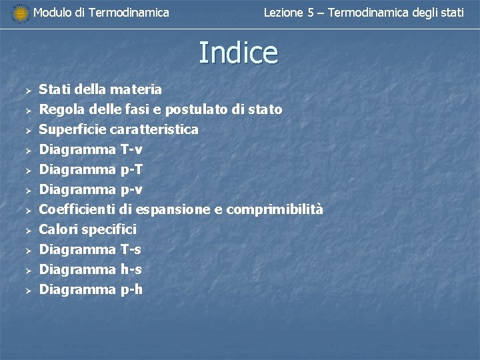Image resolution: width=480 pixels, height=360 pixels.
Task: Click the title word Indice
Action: point(238,53)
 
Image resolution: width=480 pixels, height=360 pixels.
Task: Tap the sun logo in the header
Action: point(21,13)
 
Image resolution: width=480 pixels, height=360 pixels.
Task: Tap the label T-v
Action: point(131,149)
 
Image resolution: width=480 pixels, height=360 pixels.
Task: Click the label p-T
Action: point(131,169)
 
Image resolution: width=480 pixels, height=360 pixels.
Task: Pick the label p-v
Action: point(131,189)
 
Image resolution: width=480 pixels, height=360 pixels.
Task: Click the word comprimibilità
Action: point(275,210)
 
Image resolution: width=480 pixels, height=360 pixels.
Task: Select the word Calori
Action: point(58,229)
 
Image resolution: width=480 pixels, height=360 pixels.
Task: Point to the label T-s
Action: point(131,249)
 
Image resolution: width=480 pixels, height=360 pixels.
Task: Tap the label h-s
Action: point(131,269)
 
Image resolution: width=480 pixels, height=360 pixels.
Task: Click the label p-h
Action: point(131,289)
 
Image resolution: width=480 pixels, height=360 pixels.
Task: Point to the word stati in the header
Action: point(452,12)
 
